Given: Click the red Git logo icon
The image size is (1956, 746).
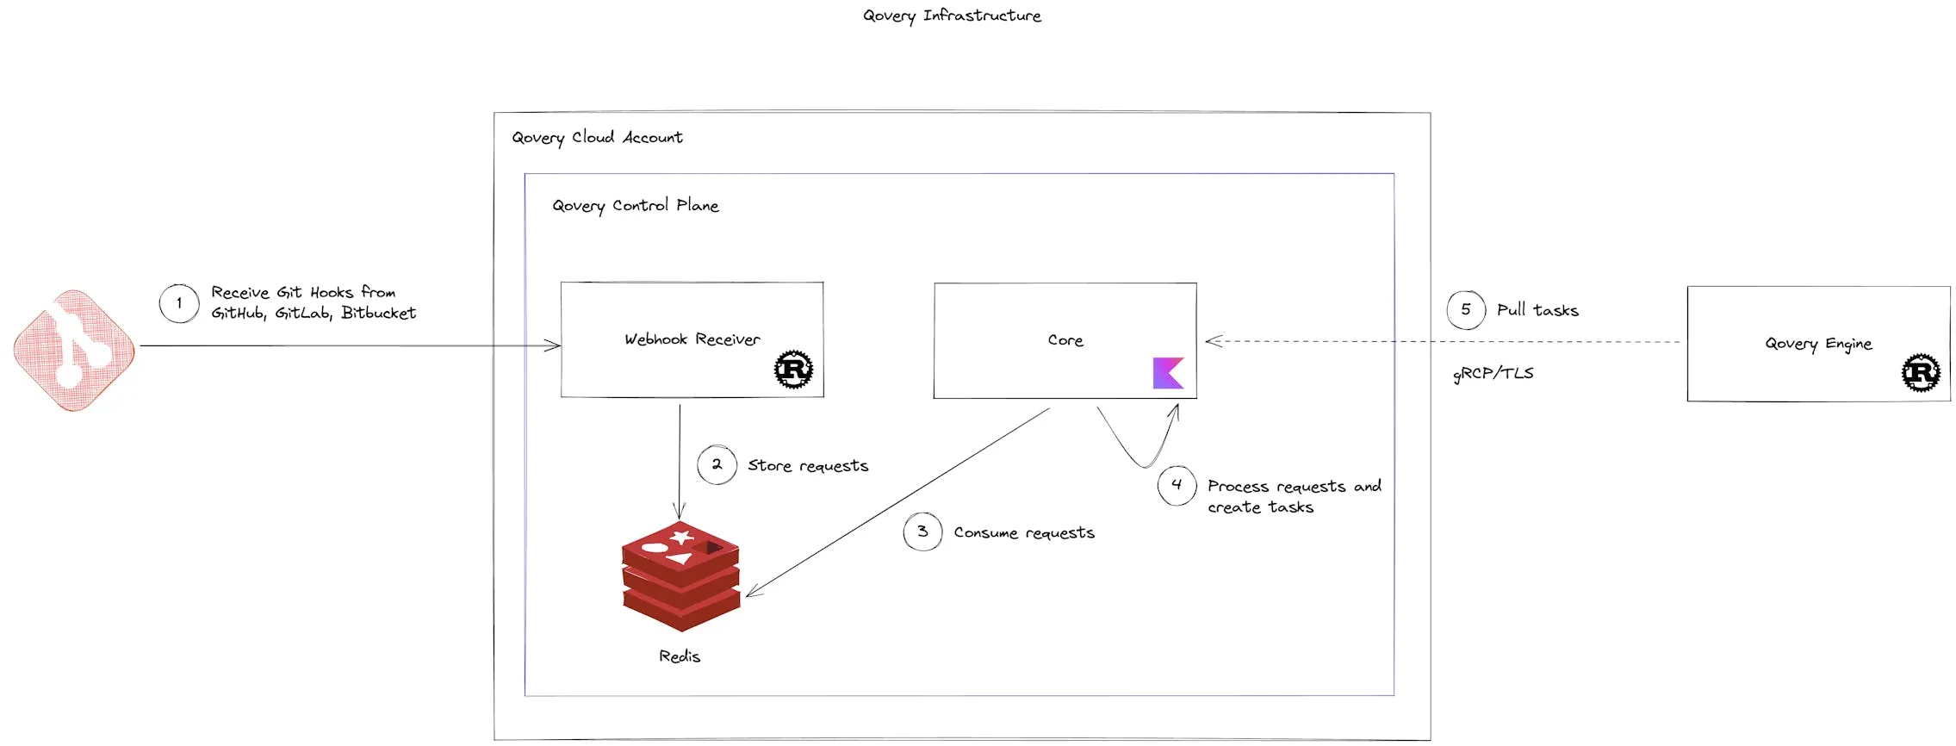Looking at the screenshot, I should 74,350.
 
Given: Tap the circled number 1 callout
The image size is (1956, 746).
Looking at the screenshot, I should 179,303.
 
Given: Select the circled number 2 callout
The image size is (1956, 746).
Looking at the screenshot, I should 717,464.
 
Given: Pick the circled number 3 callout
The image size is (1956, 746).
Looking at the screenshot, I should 922,532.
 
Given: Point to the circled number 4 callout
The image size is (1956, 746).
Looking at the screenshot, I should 1177,485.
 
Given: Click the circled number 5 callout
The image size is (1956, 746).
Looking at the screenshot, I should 1466,310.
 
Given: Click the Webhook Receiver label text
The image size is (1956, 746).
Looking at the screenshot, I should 692,339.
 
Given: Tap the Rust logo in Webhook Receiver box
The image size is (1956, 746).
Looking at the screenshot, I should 793,370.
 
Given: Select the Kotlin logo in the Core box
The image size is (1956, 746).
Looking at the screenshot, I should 1168,373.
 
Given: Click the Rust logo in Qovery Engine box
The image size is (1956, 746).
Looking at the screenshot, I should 1921,373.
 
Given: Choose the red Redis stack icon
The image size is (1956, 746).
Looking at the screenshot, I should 680,575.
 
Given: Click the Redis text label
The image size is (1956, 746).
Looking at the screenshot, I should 680,656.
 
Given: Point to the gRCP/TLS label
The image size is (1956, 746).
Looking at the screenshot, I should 1493,373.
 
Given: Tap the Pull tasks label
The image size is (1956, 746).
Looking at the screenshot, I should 1537,310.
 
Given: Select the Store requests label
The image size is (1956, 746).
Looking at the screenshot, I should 808,466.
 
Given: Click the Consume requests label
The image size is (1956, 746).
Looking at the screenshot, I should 1024,533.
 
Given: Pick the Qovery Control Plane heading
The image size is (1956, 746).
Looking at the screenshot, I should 636,206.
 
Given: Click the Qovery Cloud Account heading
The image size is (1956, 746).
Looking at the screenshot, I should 597,138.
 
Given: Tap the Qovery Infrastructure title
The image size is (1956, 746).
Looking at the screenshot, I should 952,16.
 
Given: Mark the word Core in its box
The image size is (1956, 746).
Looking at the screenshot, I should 1065,340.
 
